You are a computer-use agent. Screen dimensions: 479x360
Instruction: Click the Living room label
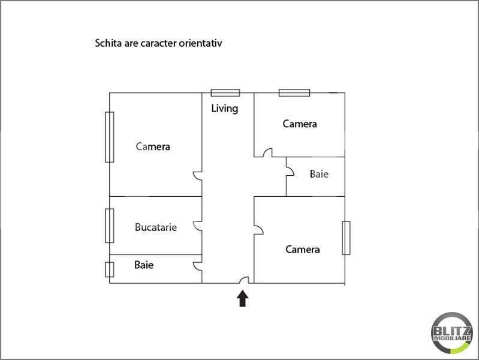point(225,108)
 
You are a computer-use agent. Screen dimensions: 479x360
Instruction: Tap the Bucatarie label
point(156,227)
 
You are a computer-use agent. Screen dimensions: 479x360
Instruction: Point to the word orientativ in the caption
point(200,43)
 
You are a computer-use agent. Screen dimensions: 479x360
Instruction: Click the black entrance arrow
point(243,298)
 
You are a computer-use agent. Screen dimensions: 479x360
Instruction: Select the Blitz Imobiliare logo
point(451,333)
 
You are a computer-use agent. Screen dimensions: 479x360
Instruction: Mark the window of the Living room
point(225,92)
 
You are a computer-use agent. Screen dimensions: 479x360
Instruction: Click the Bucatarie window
point(109,226)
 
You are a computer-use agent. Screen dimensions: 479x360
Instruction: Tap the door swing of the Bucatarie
point(197,226)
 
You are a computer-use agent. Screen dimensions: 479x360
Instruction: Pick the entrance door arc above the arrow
point(244,280)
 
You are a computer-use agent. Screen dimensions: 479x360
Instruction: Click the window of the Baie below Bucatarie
point(109,269)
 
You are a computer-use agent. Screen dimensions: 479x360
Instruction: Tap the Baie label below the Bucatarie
point(144,265)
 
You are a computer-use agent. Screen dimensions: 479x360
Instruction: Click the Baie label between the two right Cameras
point(319,174)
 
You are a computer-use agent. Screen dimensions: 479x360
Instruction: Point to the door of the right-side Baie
point(290,171)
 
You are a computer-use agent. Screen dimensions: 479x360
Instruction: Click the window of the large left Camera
point(109,137)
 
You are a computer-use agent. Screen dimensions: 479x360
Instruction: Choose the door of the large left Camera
point(197,176)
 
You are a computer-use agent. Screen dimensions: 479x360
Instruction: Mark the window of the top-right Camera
point(294,92)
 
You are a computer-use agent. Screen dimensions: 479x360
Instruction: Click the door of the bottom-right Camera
point(258,230)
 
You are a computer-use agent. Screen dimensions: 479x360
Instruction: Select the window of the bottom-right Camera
point(346,238)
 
